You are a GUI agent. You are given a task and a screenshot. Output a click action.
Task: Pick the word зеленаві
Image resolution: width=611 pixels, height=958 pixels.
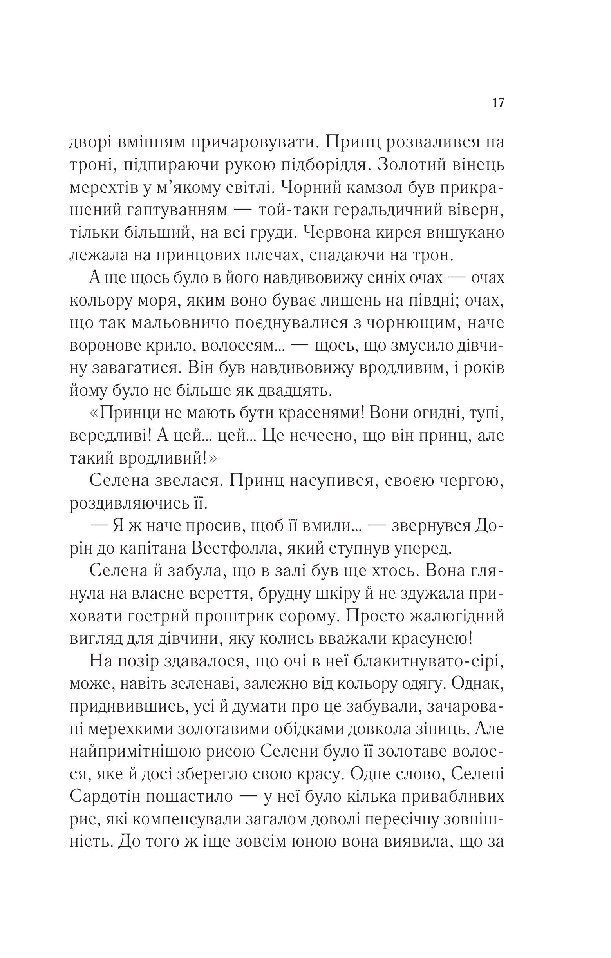coord(206,685)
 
